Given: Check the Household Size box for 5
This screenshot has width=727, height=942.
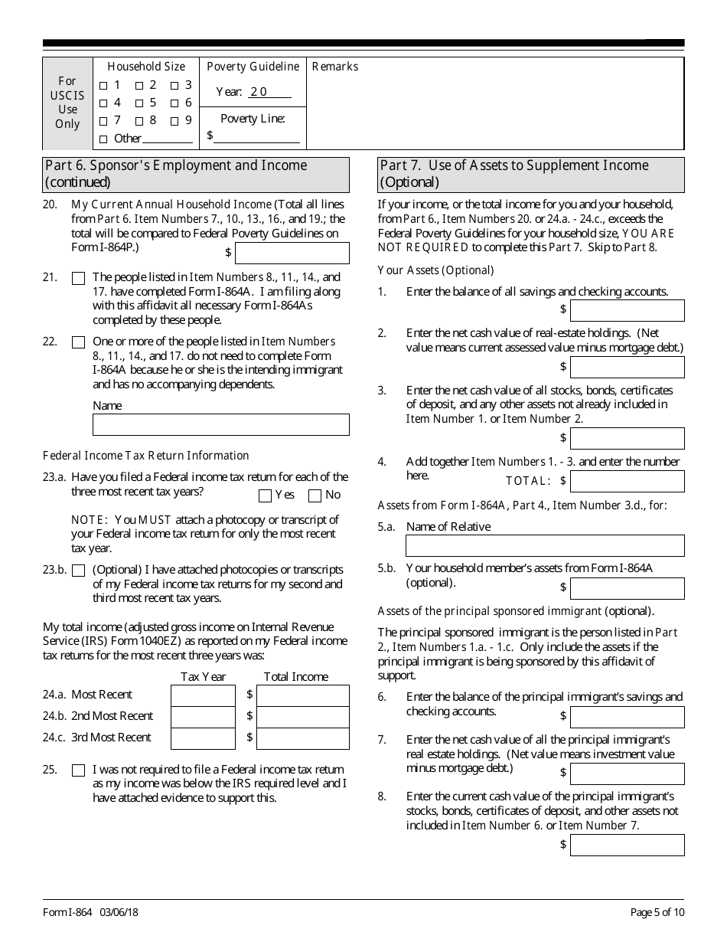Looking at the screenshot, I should pos(139,103).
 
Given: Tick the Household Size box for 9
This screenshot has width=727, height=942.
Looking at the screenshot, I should pos(174,121).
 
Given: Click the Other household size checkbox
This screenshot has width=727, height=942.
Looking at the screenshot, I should pos(103,139).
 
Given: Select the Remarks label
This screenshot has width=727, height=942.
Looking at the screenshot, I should pos(335,67).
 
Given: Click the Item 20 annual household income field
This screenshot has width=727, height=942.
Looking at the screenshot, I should pos(292,253).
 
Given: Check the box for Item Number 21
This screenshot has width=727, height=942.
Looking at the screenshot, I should pos(78,279).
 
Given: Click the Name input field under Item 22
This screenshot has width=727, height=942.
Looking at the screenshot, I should pos(220,424).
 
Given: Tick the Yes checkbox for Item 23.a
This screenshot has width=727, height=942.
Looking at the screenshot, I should pos(266,496).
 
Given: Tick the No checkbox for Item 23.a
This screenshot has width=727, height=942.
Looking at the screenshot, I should pos(315,496).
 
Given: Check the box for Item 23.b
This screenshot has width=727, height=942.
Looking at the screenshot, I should pos(78,571).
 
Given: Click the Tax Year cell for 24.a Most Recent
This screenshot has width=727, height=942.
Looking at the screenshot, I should pos(203,695).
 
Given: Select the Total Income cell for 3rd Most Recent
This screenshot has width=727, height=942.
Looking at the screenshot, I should pos(302,738).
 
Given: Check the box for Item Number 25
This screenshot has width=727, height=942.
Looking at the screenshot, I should pos(78,770).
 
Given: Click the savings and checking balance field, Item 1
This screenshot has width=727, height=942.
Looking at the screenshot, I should pos(627,310).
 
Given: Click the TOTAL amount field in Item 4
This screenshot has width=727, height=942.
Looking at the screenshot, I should pos(627,481).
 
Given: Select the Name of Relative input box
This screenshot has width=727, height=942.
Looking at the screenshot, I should pos(545,545).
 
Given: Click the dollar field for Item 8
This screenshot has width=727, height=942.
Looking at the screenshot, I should pos(627,845).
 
